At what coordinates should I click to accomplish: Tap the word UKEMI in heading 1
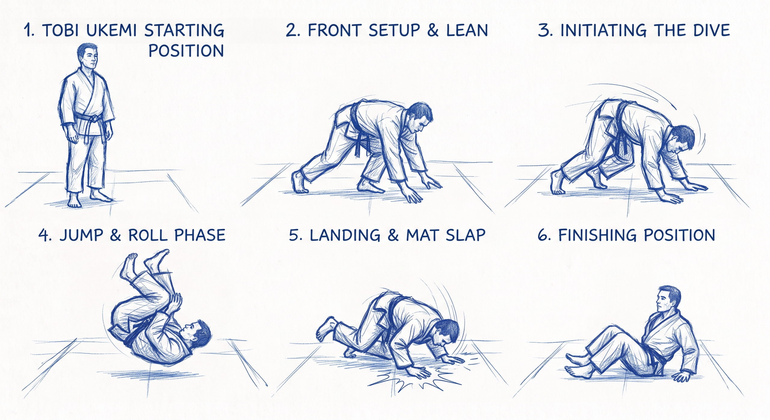(x=111, y=30)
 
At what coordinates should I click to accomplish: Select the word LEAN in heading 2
(x=467, y=30)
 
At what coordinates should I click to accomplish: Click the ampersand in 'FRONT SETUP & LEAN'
(x=433, y=30)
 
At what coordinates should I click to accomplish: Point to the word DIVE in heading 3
(x=711, y=30)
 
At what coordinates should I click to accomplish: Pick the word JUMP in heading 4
(x=82, y=235)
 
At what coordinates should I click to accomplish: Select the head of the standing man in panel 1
(x=88, y=56)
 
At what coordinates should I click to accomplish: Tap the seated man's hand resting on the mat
(x=681, y=376)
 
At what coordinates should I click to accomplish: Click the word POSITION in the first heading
(x=186, y=51)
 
